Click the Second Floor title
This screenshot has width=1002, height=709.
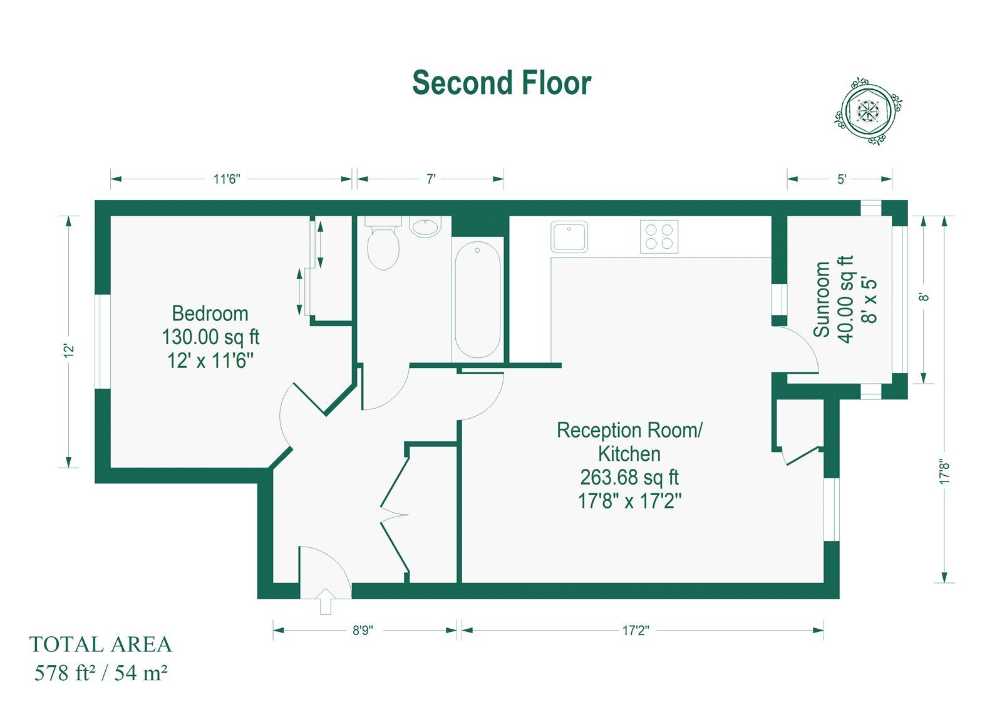[x=502, y=83]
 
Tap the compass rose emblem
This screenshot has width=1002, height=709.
[x=868, y=110]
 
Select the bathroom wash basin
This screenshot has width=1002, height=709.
[x=425, y=227]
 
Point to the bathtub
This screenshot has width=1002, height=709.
[x=477, y=300]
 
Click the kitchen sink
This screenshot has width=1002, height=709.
[x=569, y=236]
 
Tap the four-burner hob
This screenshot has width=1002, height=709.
[x=659, y=236]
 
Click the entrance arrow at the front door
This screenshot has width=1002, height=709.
[x=326, y=601]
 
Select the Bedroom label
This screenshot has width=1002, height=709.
[x=210, y=313]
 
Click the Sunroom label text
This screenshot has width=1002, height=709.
[x=822, y=299]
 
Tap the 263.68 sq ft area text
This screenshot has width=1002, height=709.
[x=629, y=478]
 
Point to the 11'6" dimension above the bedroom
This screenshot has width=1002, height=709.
[x=226, y=179]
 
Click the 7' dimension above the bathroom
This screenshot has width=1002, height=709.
[x=430, y=179]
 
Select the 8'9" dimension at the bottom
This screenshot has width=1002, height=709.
[x=363, y=631]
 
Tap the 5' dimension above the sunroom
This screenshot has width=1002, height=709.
[x=842, y=179]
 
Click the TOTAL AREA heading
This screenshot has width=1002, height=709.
[x=101, y=644]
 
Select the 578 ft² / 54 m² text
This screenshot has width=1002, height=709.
[x=101, y=673]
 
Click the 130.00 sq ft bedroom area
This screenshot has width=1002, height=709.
[x=210, y=337]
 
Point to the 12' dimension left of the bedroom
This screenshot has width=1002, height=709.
[x=68, y=350]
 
